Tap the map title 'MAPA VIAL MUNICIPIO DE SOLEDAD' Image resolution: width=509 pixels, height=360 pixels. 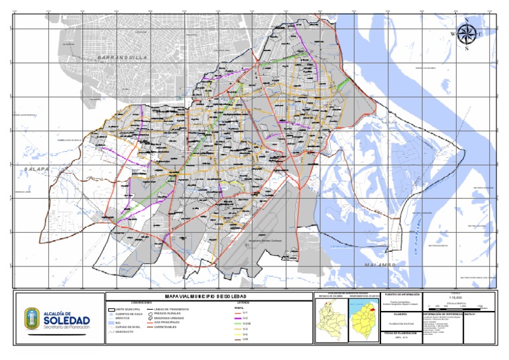pos(207,296)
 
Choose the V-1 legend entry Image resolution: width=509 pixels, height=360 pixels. pos(245,312)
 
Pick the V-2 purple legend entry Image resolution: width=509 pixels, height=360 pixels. pos(245,318)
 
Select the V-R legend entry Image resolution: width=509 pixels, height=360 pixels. pos(245,340)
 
